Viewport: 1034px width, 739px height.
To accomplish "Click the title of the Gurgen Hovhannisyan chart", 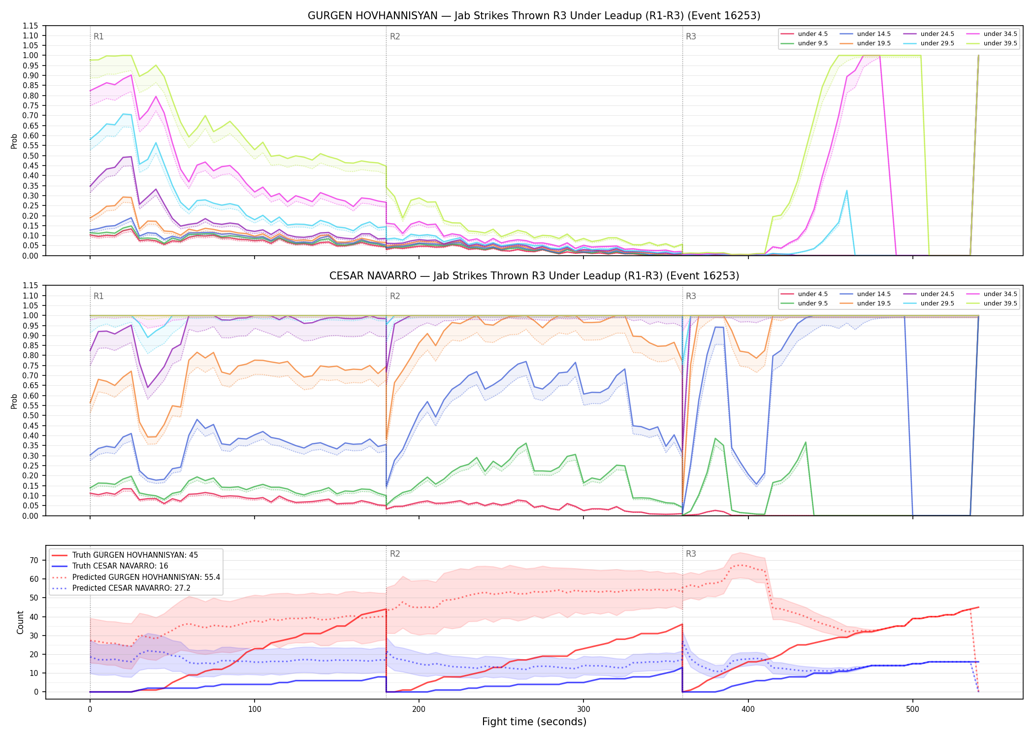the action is click(534, 16).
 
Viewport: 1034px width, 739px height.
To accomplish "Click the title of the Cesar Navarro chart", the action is click(534, 276).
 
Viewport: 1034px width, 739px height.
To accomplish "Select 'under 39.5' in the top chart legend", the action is click(1000, 43).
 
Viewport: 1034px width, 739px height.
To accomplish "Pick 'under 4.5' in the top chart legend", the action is click(813, 34).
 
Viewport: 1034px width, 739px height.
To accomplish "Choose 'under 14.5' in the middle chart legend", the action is click(874, 294).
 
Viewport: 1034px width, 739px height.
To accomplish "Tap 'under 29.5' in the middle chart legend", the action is click(937, 303).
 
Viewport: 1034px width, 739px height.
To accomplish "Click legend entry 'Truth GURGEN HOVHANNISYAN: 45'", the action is click(135, 555).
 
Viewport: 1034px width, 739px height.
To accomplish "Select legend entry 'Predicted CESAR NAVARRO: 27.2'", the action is click(131, 588).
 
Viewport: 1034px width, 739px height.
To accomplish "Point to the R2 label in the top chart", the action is click(395, 36).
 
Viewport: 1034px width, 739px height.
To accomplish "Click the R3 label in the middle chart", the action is click(691, 296).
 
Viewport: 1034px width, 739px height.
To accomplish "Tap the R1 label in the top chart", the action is click(98, 36).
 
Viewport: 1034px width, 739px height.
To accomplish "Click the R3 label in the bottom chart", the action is click(691, 554).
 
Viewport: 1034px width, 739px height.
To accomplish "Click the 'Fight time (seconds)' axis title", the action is click(534, 722).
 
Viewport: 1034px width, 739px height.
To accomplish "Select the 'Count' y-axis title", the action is click(20, 622).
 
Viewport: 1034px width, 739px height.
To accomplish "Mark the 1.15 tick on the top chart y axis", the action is click(30, 26).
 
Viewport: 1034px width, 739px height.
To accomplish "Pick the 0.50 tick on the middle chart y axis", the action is click(30, 416).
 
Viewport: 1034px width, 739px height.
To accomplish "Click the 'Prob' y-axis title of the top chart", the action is click(14, 141).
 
